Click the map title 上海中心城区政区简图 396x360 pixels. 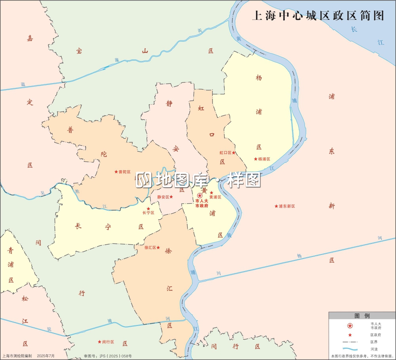point(318,15)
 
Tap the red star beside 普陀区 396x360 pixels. point(116,172)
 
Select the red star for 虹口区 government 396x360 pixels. point(234,153)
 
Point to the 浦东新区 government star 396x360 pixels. point(276,206)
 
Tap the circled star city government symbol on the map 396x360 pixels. point(200,196)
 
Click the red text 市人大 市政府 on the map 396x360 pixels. point(202,203)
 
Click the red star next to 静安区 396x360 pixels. point(171,197)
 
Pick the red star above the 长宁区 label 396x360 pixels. point(148,209)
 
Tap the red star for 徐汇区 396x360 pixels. point(158,247)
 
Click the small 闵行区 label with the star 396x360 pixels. point(108,342)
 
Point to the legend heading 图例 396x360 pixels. point(362,316)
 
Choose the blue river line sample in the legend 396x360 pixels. point(350,349)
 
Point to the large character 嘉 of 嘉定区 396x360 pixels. point(29,38)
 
